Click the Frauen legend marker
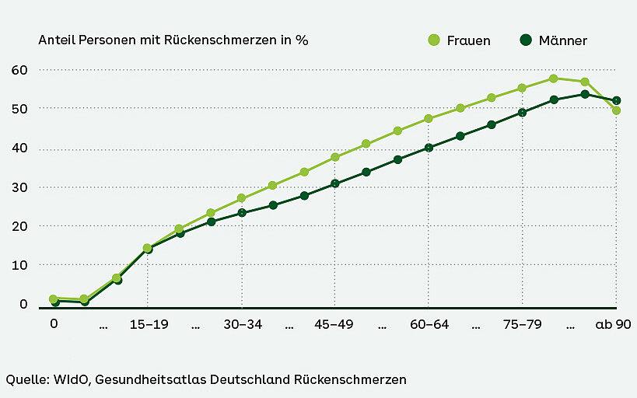coord(434,40)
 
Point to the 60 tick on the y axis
coord(19,70)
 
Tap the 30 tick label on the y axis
coord(19,187)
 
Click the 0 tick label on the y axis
coord(24,304)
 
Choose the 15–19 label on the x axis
coord(148,325)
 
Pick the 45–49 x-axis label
coord(334,325)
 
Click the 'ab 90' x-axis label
coord(614,325)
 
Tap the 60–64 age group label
coord(429,325)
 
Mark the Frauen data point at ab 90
coord(617,110)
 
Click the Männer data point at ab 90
coord(617,100)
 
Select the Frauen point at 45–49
coord(335,157)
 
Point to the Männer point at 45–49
coord(335,183)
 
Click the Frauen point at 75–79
coord(522,88)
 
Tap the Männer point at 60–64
coord(429,148)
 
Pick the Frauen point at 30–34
coord(241,198)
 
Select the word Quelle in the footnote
coord(26,379)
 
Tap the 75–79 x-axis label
coord(522,325)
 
